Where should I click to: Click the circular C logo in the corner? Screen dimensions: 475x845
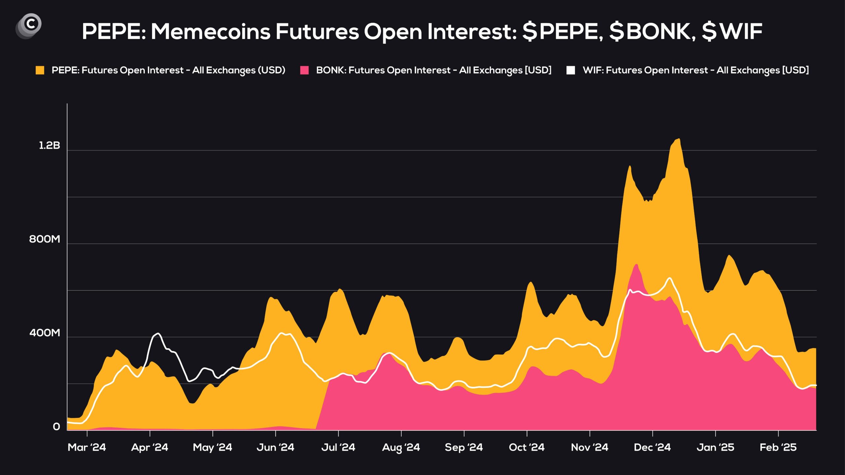click(29, 26)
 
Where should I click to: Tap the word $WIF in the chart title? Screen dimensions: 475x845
click(732, 32)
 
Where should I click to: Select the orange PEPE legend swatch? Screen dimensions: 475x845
click(40, 70)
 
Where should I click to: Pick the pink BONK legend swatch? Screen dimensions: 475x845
click(304, 70)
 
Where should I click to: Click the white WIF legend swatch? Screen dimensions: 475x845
click(571, 70)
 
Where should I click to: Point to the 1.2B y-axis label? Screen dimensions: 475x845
click(50, 145)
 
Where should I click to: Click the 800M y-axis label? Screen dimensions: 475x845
click(45, 239)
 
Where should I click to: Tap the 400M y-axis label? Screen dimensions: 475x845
click(45, 332)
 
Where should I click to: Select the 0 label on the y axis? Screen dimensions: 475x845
click(56, 427)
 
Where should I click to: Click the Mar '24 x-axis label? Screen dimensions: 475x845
click(87, 447)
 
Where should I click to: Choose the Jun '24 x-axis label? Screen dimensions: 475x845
click(275, 447)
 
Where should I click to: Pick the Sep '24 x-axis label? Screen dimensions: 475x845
click(464, 447)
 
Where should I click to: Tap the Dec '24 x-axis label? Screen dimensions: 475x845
click(652, 447)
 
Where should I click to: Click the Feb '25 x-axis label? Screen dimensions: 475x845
click(778, 447)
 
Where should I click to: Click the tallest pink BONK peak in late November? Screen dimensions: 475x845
click(636, 265)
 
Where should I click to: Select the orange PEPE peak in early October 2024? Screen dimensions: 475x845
click(530, 282)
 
